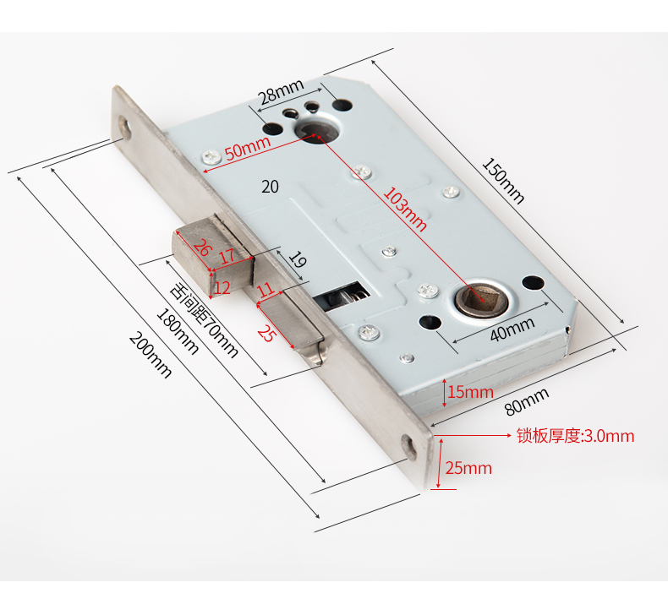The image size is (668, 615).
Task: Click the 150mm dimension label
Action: click(x=503, y=181)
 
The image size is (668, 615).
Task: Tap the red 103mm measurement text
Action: click(x=405, y=210)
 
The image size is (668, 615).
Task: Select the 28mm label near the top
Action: click(x=282, y=90)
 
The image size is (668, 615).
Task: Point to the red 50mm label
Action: click(x=248, y=147)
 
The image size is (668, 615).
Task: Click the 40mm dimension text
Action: click(x=512, y=329)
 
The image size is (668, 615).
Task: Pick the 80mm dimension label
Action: click(x=527, y=401)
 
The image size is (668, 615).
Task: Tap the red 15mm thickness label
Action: click(x=470, y=392)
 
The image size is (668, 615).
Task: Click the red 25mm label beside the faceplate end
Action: click(x=468, y=468)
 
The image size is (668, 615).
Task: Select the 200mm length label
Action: click(x=151, y=355)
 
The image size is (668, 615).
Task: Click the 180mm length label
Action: click(x=178, y=331)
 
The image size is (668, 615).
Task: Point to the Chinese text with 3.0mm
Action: click(x=576, y=436)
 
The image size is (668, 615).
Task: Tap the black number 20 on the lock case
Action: click(x=270, y=187)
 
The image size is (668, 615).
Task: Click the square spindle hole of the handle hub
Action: click(x=481, y=299)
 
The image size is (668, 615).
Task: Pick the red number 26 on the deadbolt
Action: click(x=201, y=248)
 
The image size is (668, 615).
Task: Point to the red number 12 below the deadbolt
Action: click(x=222, y=288)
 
